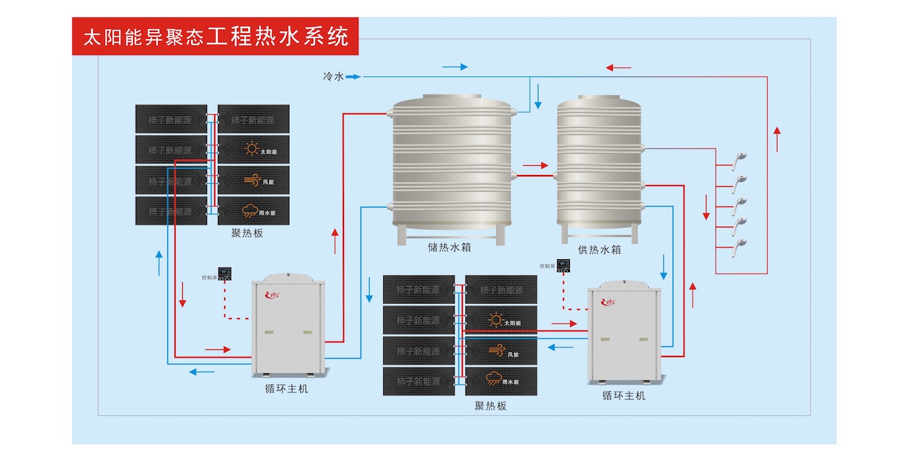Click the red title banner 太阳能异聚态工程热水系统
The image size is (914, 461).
[x=215, y=37]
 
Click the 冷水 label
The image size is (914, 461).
[x=333, y=77]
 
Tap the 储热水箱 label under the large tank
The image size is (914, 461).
[x=449, y=247]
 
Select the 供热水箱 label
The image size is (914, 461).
[x=599, y=249]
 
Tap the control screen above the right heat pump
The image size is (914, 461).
[x=564, y=266]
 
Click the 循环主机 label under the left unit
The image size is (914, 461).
[x=287, y=389]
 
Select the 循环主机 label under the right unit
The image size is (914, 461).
[x=623, y=396]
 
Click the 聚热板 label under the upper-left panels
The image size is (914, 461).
[x=247, y=233]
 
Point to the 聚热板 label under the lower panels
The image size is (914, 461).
[x=490, y=405]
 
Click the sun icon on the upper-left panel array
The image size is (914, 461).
[x=251, y=150]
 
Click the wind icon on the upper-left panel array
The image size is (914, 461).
[x=251, y=180]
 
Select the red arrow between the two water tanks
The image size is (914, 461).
[x=535, y=166]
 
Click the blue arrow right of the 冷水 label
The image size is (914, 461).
[x=353, y=77]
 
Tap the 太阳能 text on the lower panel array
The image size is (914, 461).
[x=512, y=323]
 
